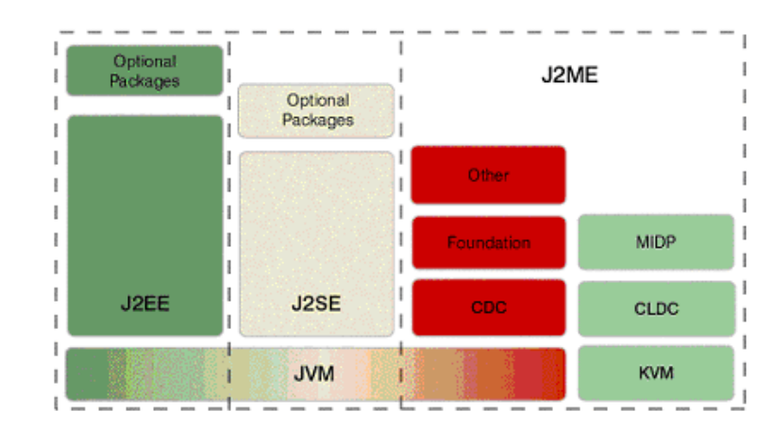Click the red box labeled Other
point(488,175)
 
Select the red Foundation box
point(488,242)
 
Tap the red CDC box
point(488,307)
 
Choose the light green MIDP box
point(656,242)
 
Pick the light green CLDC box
point(656,307)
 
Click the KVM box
point(656,372)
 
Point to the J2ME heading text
point(569,75)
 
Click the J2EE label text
point(144,305)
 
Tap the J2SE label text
point(316,305)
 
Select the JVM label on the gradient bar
point(316,373)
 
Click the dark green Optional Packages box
point(144,71)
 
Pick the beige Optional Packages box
point(316,110)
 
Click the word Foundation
point(488,242)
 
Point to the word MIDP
point(656,242)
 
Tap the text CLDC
point(656,307)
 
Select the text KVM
point(656,372)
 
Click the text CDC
point(488,307)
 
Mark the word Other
point(488,175)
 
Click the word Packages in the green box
point(144,81)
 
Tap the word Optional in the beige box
point(317,100)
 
